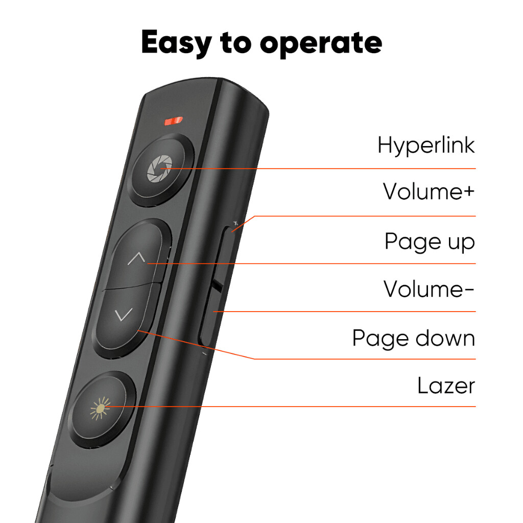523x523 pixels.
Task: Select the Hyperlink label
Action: click(426, 146)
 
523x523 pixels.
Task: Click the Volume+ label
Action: click(429, 192)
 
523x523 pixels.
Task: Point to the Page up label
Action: click(430, 242)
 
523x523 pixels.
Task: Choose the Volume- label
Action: click(429, 290)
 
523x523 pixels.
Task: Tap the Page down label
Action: click(413, 339)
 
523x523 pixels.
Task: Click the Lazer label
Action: click(446, 386)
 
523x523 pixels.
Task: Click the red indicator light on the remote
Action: click(173, 121)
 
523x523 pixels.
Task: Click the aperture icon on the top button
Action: click(158, 170)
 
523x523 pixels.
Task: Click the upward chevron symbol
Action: click(136, 258)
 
